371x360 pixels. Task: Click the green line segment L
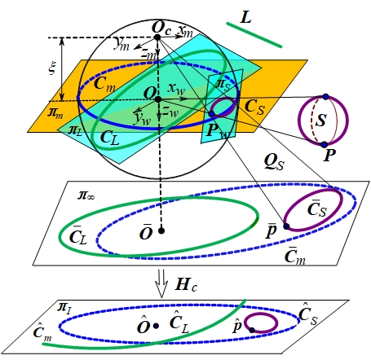(254, 35)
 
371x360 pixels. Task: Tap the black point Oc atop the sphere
(157, 37)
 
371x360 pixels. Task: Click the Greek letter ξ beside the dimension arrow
(51, 68)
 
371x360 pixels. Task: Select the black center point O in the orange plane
(158, 99)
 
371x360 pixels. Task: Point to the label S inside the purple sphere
(321, 120)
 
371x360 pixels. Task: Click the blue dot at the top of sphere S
(326, 96)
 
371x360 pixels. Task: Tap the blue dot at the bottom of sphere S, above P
(324, 144)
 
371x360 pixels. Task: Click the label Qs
(274, 162)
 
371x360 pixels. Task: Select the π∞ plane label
(86, 195)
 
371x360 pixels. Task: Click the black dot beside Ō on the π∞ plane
(161, 231)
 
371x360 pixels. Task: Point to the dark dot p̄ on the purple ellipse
(286, 226)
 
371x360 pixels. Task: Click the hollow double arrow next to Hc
(161, 283)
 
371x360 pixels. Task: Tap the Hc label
(186, 285)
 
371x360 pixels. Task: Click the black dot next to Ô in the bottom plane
(156, 326)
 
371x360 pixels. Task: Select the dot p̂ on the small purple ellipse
(252, 330)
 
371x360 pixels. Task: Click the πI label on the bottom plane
(64, 308)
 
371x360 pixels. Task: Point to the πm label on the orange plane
(55, 112)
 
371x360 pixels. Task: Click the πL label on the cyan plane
(75, 130)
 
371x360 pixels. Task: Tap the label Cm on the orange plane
(104, 84)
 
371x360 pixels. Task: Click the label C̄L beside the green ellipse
(78, 235)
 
